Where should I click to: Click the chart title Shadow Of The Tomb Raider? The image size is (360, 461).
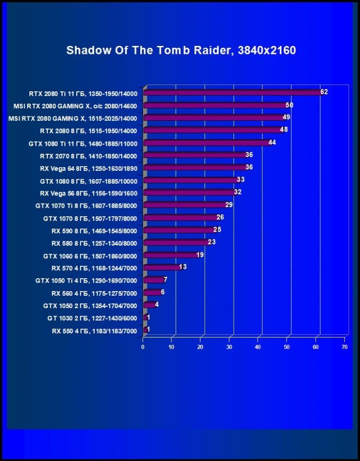point(181,50)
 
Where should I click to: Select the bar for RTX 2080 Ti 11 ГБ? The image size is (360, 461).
point(232,93)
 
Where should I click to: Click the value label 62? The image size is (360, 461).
point(324,92)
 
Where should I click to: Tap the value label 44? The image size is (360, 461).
point(272,142)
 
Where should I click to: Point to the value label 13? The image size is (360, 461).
point(183,267)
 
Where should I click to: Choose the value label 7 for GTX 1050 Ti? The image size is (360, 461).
point(165,280)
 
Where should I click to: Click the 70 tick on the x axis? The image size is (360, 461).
point(344,347)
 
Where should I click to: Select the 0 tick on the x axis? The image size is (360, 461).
point(143,347)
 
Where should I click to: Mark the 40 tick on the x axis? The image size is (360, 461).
point(258,347)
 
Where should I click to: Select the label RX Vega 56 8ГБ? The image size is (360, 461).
point(89,193)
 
